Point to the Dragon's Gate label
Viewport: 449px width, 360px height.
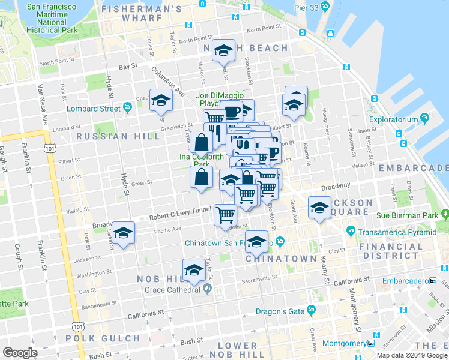click(285, 310)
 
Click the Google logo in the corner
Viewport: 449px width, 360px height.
click(20, 352)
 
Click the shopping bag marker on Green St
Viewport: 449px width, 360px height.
click(201, 178)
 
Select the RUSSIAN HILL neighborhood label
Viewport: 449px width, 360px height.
click(119, 136)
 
